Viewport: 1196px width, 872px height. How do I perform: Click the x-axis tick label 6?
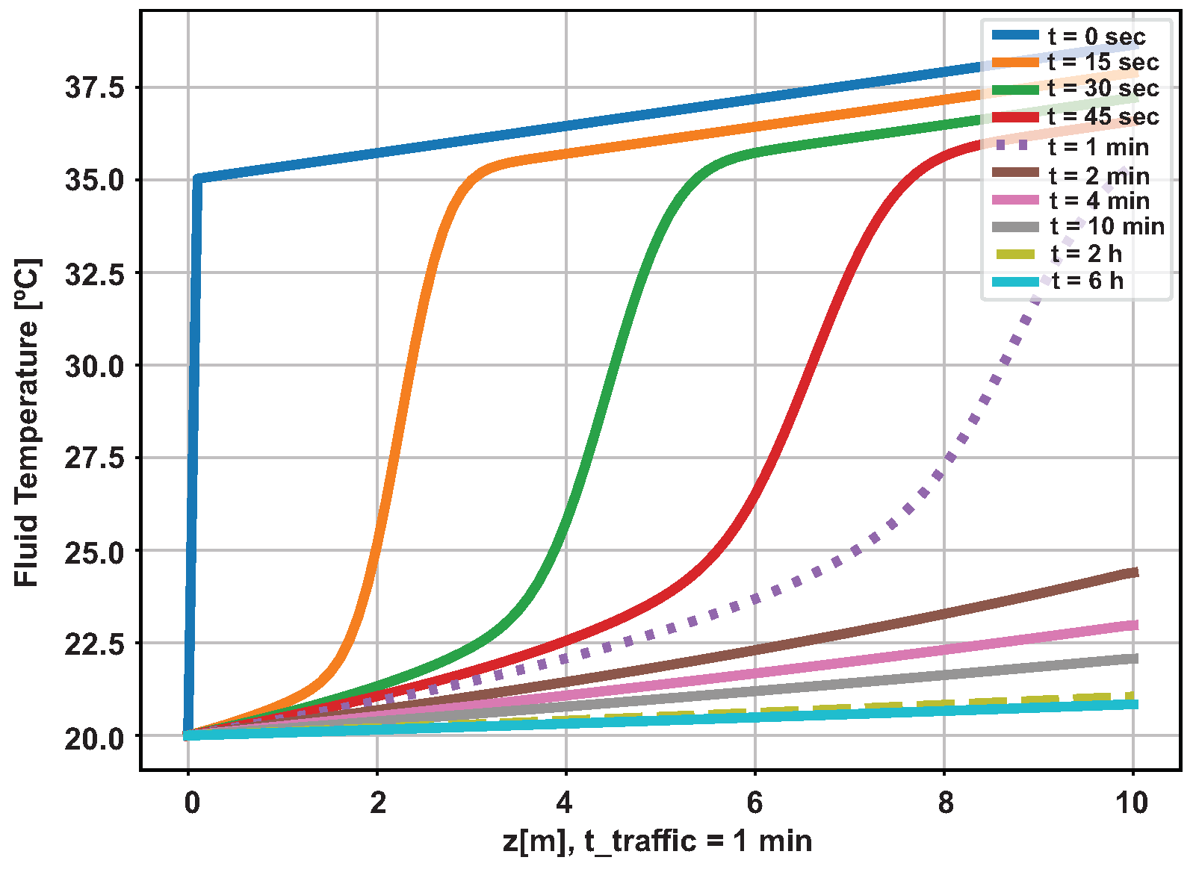coord(755,803)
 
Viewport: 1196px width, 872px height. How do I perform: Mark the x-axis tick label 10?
coord(1133,803)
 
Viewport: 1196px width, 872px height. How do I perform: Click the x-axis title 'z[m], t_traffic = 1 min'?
coord(657,841)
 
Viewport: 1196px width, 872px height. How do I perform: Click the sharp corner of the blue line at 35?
coord(197,178)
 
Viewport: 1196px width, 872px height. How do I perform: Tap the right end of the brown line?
coord(1135,573)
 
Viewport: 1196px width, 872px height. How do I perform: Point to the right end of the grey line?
coord(1135,658)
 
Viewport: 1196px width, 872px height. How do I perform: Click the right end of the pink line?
coord(1135,626)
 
